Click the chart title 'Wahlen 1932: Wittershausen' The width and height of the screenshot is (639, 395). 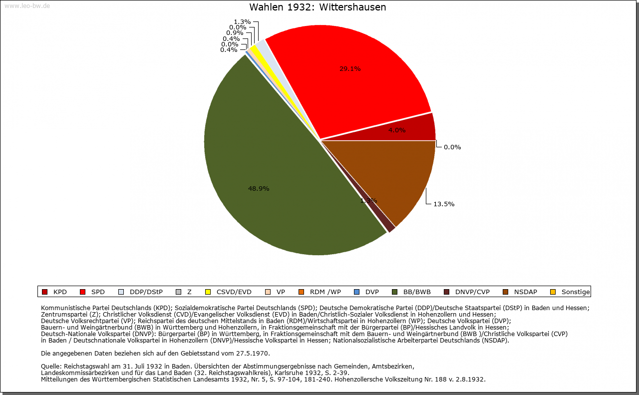point(318,7)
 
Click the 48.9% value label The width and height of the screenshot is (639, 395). point(259,189)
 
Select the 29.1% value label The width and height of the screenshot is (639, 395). point(350,69)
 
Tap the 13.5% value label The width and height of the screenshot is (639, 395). point(444,204)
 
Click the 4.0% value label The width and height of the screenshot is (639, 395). point(397,130)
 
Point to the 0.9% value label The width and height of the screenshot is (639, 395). point(235,33)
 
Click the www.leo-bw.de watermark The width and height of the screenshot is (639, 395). point(27,6)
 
